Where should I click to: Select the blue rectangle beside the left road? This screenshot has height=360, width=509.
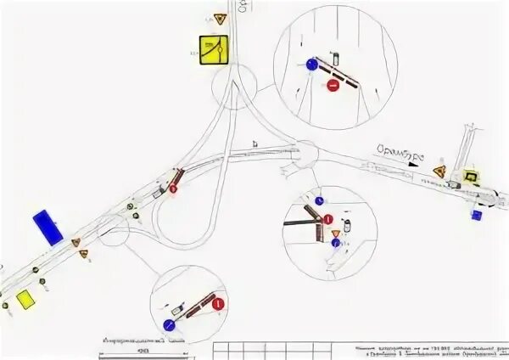tap(48, 227)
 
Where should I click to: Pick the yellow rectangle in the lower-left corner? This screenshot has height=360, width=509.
tap(25, 299)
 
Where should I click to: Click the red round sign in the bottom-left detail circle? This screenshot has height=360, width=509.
tap(218, 303)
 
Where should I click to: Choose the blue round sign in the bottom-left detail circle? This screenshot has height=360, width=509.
tap(169, 325)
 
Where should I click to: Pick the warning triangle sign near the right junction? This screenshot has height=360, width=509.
tap(439, 172)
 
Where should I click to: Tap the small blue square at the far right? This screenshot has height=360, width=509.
tap(477, 216)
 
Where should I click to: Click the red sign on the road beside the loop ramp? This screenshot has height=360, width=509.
tap(173, 189)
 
